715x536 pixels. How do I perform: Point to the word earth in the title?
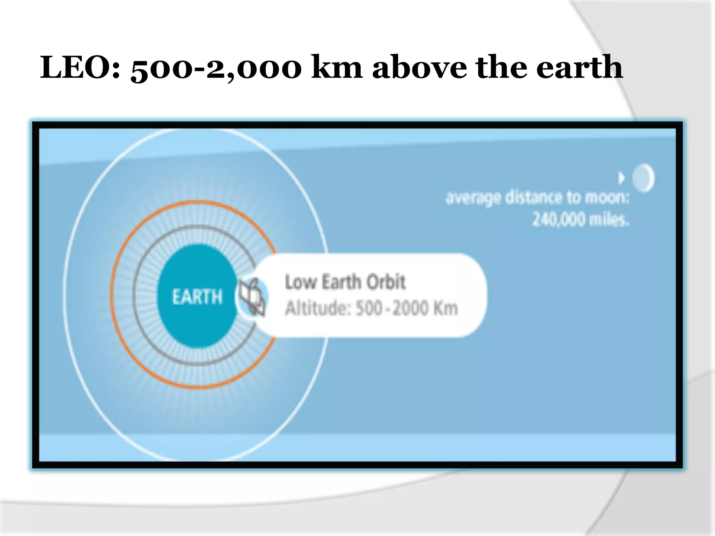pyautogui.click(x=579, y=67)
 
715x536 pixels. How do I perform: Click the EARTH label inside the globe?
pyautogui.click(x=197, y=297)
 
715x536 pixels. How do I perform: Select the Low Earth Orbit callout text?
pyautogui.click(x=345, y=282)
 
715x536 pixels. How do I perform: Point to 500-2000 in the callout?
pyautogui.click(x=392, y=308)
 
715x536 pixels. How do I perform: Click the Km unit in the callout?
pyautogui.click(x=445, y=308)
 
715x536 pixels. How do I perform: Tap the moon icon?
pyautogui.click(x=643, y=178)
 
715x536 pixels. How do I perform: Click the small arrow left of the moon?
pyautogui.click(x=621, y=178)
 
